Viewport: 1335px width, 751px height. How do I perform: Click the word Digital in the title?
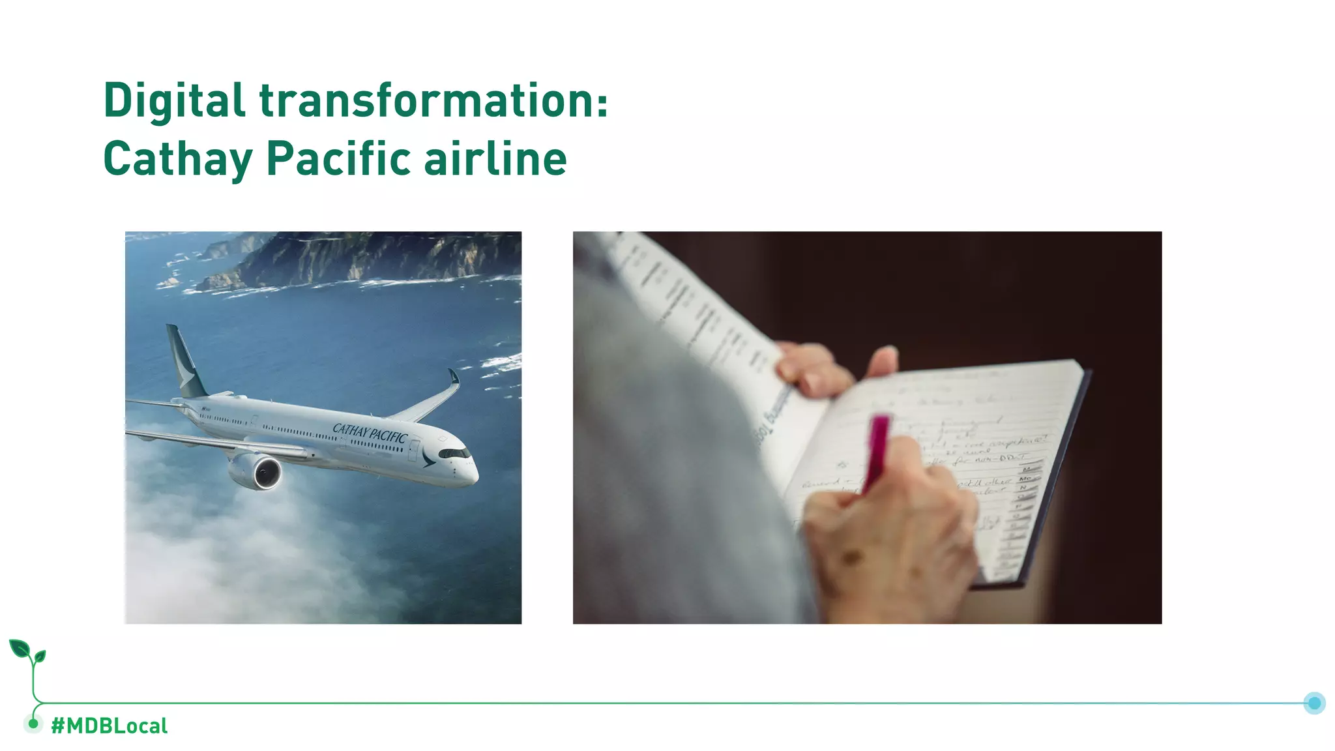(x=174, y=101)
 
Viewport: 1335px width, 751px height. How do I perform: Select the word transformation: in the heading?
(x=433, y=101)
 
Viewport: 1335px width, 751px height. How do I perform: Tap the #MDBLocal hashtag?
(x=109, y=726)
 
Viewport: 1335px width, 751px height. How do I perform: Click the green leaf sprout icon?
(x=27, y=652)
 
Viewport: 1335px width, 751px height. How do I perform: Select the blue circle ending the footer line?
(x=1314, y=703)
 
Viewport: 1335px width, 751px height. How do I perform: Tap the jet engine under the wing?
(x=258, y=471)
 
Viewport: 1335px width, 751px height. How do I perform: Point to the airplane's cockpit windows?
(x=454, y=453)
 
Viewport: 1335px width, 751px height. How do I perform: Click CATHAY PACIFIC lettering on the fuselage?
(x=370, y=433)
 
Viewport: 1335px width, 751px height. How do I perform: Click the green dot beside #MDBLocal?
(x=33, y=723)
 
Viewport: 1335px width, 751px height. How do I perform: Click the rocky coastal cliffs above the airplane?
(x=365, y=258)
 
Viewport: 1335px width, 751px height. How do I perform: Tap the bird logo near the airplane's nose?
(x=428, y=457)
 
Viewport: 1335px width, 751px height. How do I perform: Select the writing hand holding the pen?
(x=893, y=522)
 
